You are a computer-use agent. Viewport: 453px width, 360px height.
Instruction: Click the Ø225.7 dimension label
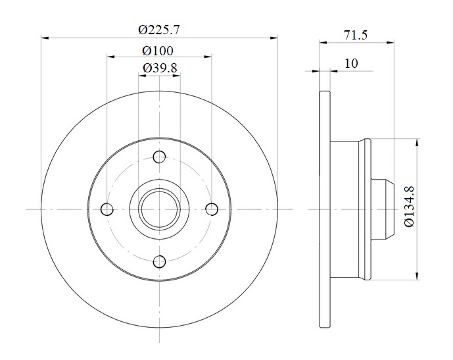159,30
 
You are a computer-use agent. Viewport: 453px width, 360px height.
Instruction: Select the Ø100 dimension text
158,51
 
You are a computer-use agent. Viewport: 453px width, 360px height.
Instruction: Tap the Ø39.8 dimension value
160,68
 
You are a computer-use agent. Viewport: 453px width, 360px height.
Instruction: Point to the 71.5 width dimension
355,36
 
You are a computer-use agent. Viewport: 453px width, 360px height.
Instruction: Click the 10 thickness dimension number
351,63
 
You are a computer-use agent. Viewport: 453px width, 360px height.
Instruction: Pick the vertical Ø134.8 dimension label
410,206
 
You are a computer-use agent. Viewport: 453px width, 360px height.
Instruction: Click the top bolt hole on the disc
159,157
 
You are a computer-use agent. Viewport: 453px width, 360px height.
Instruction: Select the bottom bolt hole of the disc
159,262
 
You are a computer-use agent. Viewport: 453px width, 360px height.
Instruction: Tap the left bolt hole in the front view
107,209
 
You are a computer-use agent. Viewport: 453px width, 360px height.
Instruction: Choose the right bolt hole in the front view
212,209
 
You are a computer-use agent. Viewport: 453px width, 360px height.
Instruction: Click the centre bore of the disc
159,209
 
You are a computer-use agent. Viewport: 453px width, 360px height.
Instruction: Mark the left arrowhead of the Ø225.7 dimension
45,38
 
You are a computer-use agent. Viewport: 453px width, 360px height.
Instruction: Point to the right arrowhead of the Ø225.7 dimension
274,38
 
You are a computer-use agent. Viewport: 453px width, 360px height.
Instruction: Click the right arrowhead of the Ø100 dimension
208,57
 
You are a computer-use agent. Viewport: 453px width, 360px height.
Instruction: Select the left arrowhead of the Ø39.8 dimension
142,76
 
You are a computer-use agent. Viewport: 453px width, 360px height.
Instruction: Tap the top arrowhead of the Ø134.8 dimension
417,143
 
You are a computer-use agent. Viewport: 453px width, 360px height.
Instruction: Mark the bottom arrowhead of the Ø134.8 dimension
417,276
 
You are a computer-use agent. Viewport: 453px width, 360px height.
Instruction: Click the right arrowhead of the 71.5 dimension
391,43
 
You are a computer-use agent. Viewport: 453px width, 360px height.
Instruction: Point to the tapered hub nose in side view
383,209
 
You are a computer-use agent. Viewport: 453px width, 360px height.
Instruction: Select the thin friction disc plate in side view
325,209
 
